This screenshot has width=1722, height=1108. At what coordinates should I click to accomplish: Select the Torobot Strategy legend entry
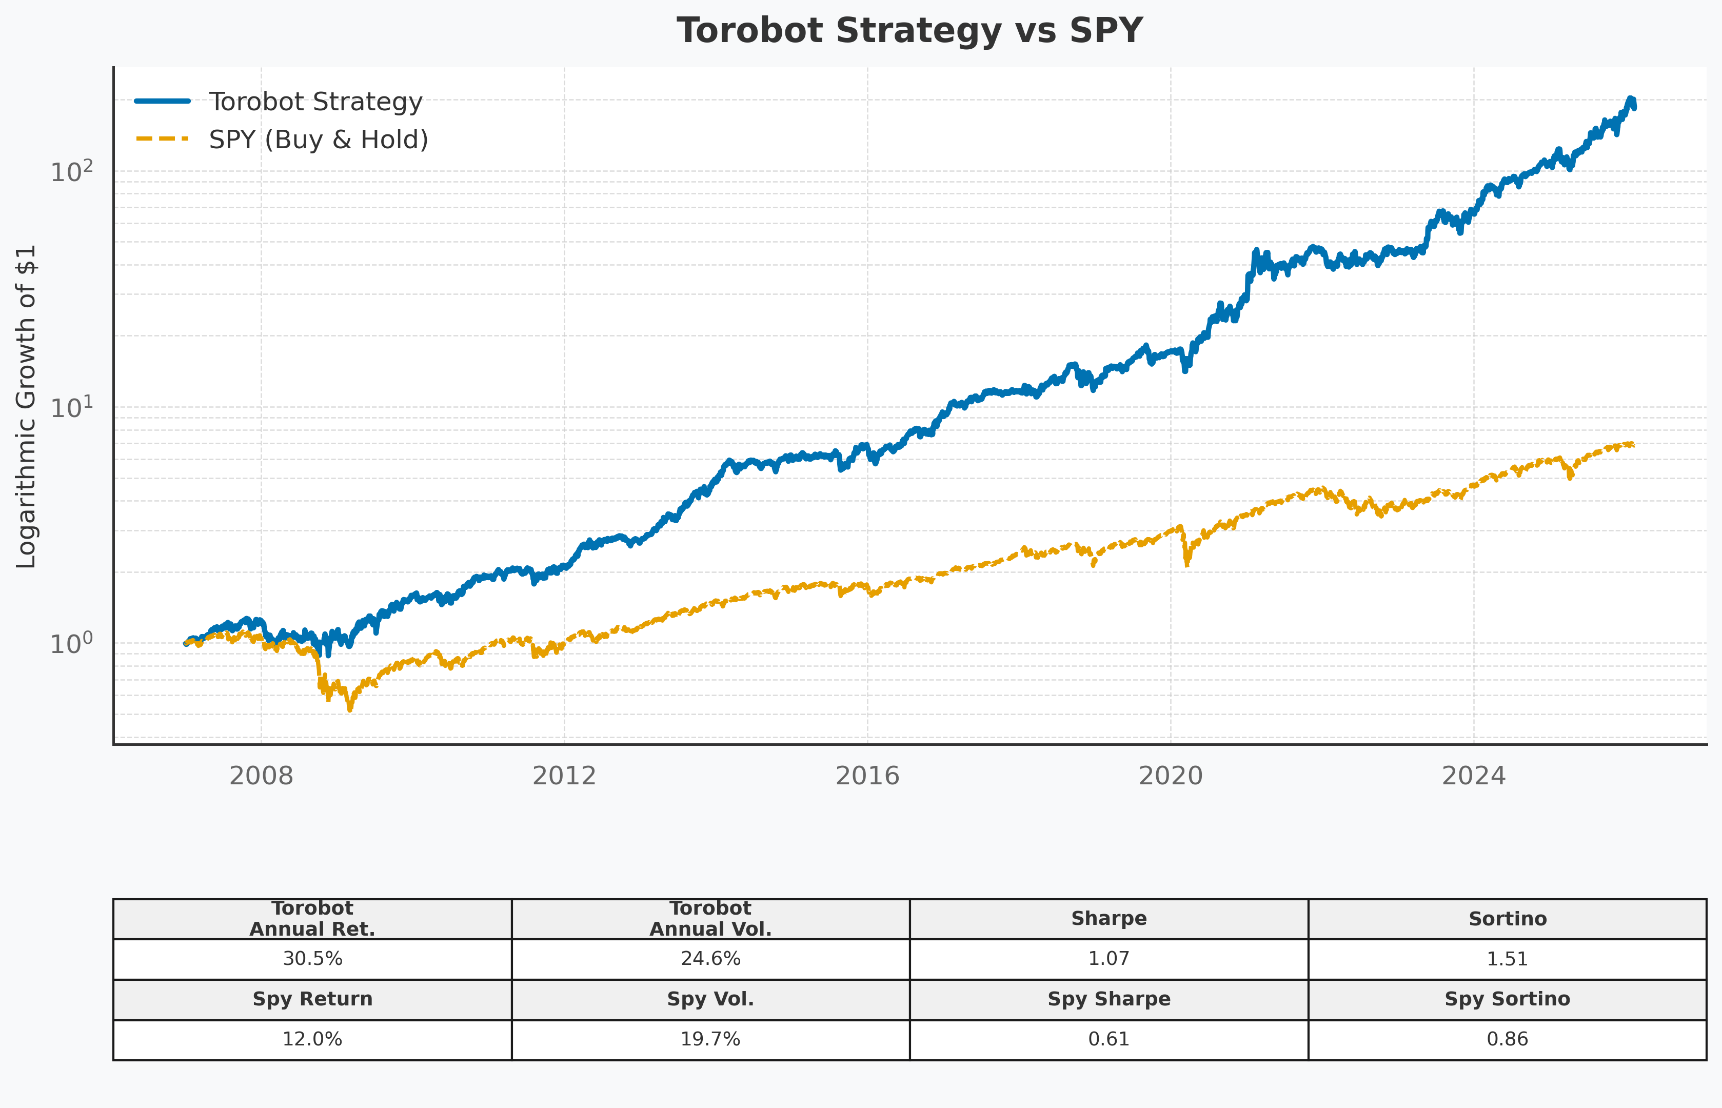tap(315, 102)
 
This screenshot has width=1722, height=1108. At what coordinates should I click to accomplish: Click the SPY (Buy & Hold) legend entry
tap(318, 139)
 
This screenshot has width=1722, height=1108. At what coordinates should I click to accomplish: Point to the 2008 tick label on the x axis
tap(261, 776)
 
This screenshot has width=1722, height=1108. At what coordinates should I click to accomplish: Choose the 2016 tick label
tap(867, 776)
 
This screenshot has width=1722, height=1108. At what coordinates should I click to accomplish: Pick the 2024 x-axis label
tap(1473, 776)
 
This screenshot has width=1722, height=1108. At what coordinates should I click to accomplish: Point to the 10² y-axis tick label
tap(72, 172)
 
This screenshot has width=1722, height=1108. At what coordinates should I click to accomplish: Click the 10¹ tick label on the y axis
tap(72, 408)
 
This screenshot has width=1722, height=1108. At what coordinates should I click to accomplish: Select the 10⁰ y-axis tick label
tap(72, 643)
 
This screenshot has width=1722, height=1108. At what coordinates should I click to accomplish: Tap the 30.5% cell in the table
tap(312, 959)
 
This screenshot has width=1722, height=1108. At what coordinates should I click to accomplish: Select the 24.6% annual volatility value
tap(710, 959)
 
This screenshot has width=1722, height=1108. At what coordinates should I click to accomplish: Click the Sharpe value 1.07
tap(1109, 959)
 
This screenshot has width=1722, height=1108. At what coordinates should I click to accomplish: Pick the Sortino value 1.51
tap(1507, 959)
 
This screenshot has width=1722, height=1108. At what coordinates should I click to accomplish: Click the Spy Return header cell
tap(312, 999)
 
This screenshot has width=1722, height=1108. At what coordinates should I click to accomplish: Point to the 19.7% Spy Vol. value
tap(710, 1040)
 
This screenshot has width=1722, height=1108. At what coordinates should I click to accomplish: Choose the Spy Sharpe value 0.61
tap(1109, 1040)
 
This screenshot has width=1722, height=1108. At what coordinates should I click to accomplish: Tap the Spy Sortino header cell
tap(1507, 999)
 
